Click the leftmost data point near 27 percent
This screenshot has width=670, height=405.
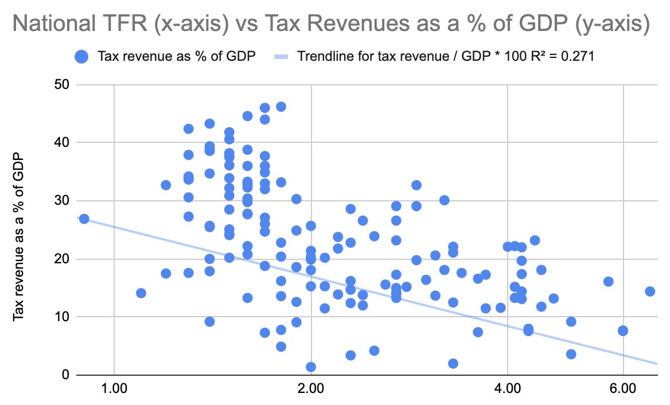(x=84, y=219)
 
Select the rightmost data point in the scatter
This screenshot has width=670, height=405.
(x=650, y=291)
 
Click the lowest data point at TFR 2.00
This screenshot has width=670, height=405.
(x=311, y=367)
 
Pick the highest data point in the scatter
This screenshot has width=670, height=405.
(x=281, y=107)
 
